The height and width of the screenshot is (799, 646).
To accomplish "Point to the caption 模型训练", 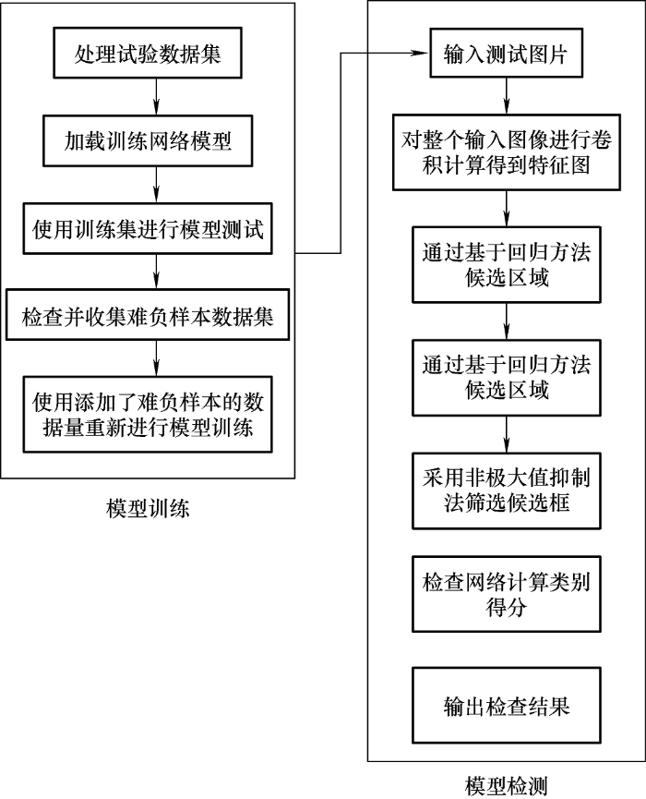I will [x=148, y=508].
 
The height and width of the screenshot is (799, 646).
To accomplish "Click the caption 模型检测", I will [x=507, y=786].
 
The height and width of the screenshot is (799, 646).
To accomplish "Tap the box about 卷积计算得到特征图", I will [x=506, y=152].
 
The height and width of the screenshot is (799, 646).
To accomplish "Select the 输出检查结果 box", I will [x=506, y=707].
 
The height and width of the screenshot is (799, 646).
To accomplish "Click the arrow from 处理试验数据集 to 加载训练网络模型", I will [x=158, y=96].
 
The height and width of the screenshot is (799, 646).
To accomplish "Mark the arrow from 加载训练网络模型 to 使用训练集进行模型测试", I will [x=158, y=185].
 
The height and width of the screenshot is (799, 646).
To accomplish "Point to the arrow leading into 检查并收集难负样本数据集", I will [x=158, y=272].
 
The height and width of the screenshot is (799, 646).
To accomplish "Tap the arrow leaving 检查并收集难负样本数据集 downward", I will [x=158, y=357].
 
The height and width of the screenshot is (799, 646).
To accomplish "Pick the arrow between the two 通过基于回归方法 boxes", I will [x=506, y=321].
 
